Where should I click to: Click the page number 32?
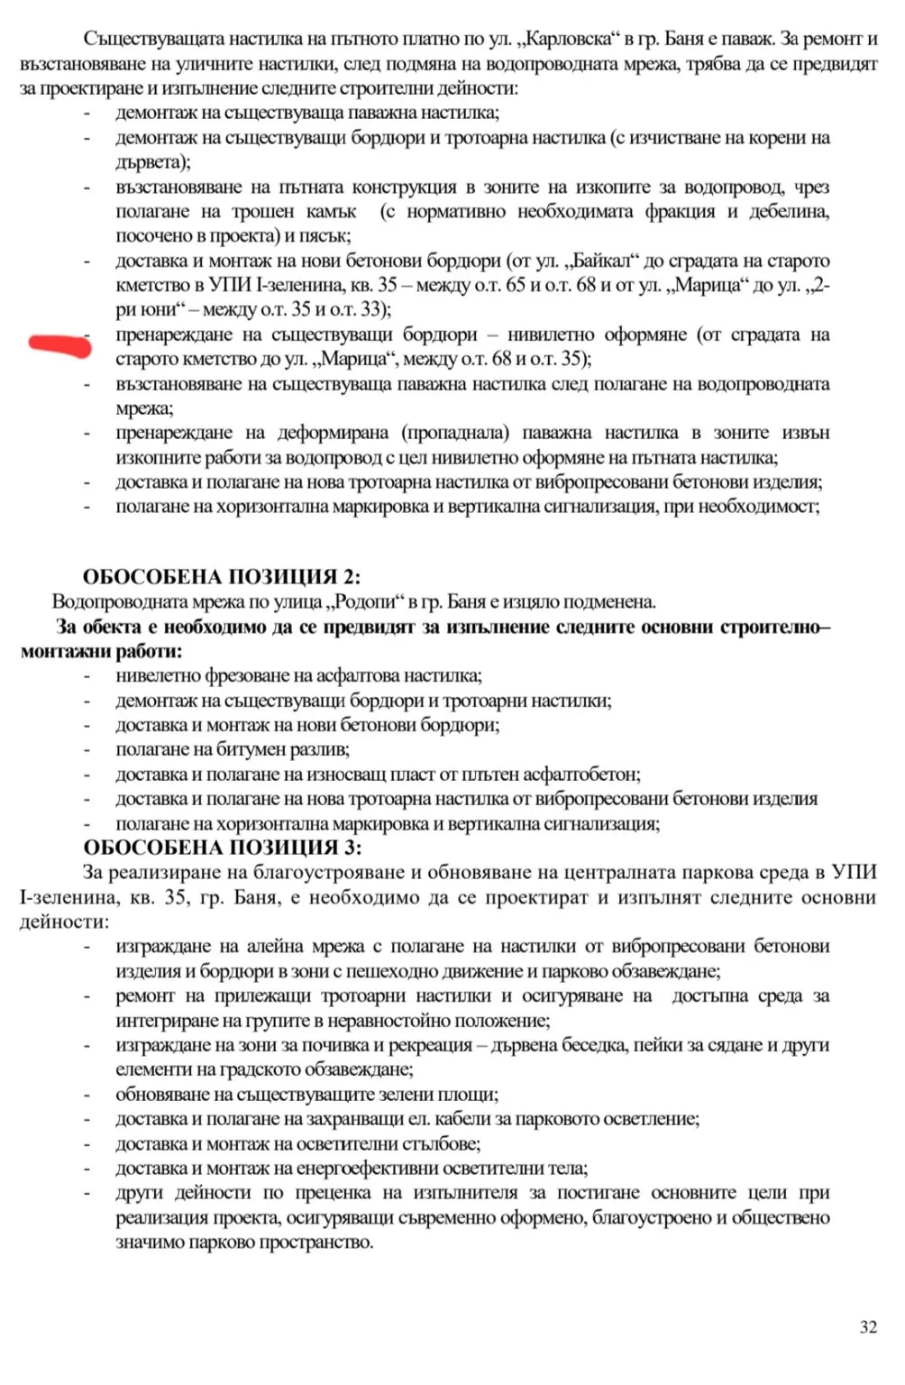868,1326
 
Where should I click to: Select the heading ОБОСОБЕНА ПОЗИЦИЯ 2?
222,577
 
